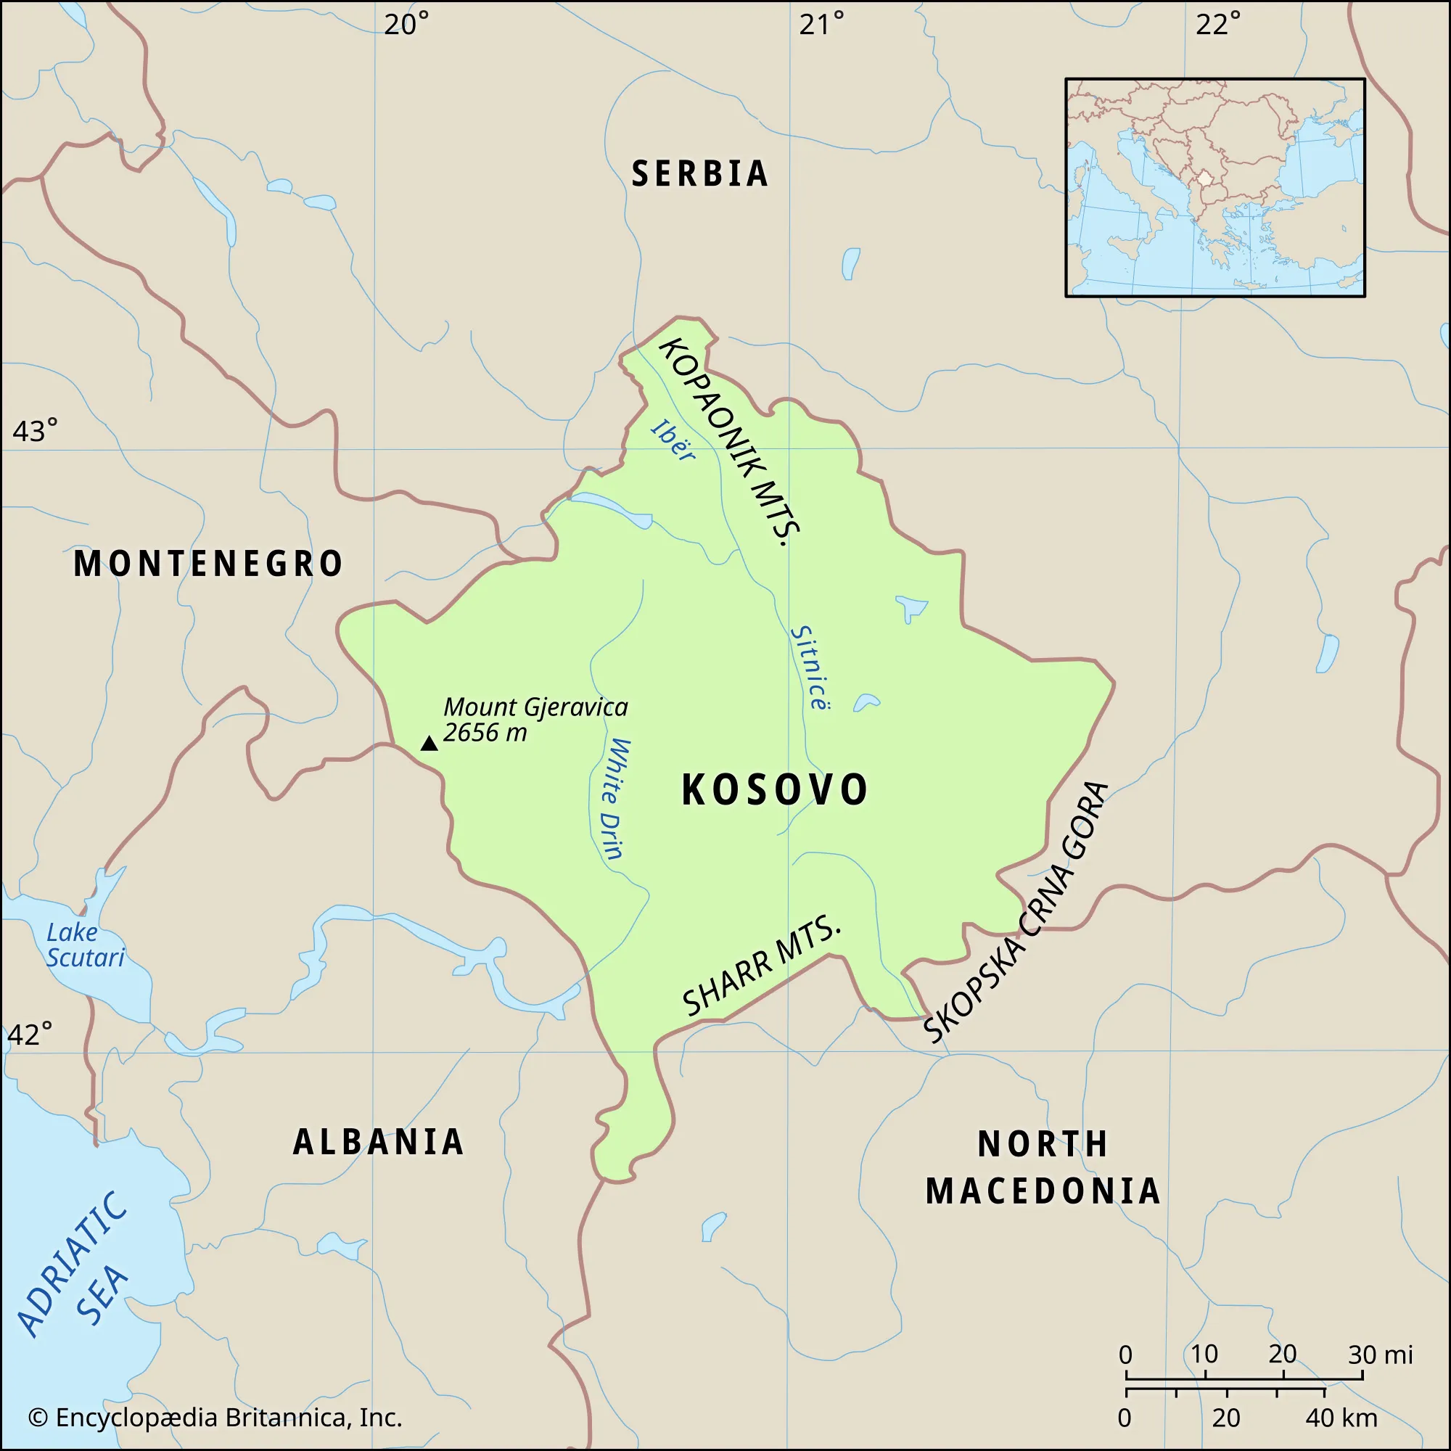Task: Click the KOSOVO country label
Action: [x=774, y=790]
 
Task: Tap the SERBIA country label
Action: [x=700, y=174]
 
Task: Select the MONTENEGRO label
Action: [x=208, y=564]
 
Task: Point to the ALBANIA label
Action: [x=379, y=1143]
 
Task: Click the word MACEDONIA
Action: [x=1043, y=1192]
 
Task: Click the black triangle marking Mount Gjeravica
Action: [x=429, y=744]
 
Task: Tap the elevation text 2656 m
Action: [x=485, y=733]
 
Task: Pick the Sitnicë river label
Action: [x=811, y=667]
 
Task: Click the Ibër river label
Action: [x=673, y=440]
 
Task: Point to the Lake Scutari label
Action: [x=85, y=945]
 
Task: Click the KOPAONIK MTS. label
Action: [x=730, y=442]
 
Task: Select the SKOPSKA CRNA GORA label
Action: [x=1016, y=913]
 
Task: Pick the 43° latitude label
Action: [x=35, y=432]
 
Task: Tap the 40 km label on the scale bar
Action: [x=1341, y=1418]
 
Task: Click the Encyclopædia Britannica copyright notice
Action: [x=215, y=1417]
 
